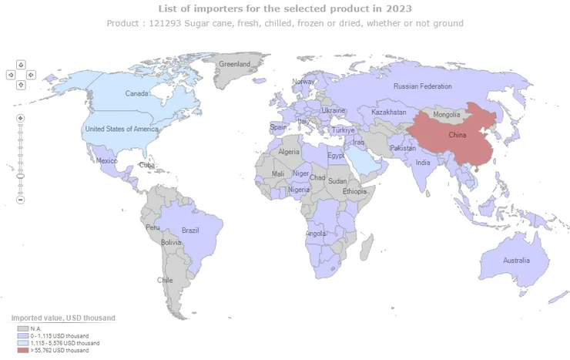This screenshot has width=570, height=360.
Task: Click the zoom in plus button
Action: pos(21,118)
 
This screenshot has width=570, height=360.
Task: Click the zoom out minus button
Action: pos(21,200)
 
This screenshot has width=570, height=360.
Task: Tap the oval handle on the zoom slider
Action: pos(21,177)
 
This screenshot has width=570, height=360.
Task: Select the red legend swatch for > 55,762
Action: pos(22,351)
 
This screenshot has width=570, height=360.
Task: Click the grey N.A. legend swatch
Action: pos(22,328)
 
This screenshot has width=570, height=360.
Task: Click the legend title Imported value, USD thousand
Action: pos(63,318)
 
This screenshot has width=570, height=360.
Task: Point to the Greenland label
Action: pos(235,65)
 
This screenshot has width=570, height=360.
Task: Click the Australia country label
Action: pos(516,261)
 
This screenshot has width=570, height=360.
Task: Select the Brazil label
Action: pos(190,230)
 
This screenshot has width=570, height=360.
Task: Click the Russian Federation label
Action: pos(422,86)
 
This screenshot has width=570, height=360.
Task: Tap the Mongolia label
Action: pos(447,115)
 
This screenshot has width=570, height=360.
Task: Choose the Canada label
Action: pos(137,94)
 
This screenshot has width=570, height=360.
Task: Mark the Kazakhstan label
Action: pos(388,113)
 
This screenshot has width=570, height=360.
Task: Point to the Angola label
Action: pos(316,234)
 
